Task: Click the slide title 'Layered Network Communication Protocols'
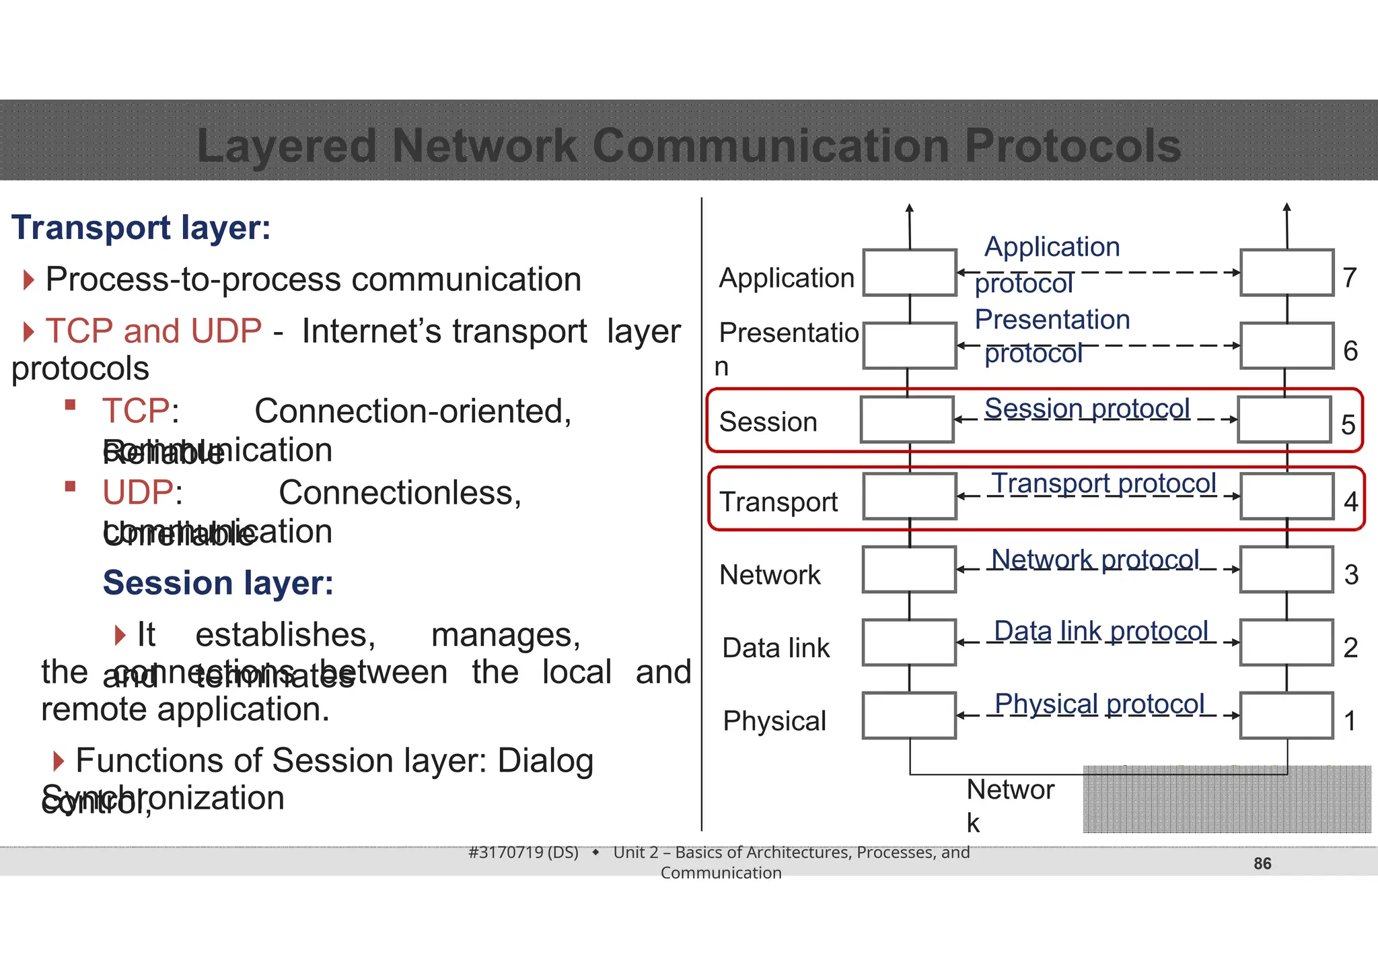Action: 688,145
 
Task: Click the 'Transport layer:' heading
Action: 141,228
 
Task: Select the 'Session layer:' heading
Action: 218,582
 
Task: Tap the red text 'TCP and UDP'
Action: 153,331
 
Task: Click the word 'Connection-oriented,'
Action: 412,411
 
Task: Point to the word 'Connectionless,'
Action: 400,492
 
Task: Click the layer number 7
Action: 1349,277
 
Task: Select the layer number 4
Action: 1350,502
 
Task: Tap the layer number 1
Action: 1350,721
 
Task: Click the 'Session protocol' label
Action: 1087,409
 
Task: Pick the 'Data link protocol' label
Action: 1101,632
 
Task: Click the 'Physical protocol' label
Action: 1099,704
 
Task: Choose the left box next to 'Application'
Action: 910,273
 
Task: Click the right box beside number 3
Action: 1286,570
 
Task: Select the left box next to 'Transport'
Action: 910,496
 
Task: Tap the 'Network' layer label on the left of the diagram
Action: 770,575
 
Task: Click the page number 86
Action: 1262,863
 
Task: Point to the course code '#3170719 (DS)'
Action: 523,852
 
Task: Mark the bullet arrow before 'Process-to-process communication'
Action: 28,279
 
